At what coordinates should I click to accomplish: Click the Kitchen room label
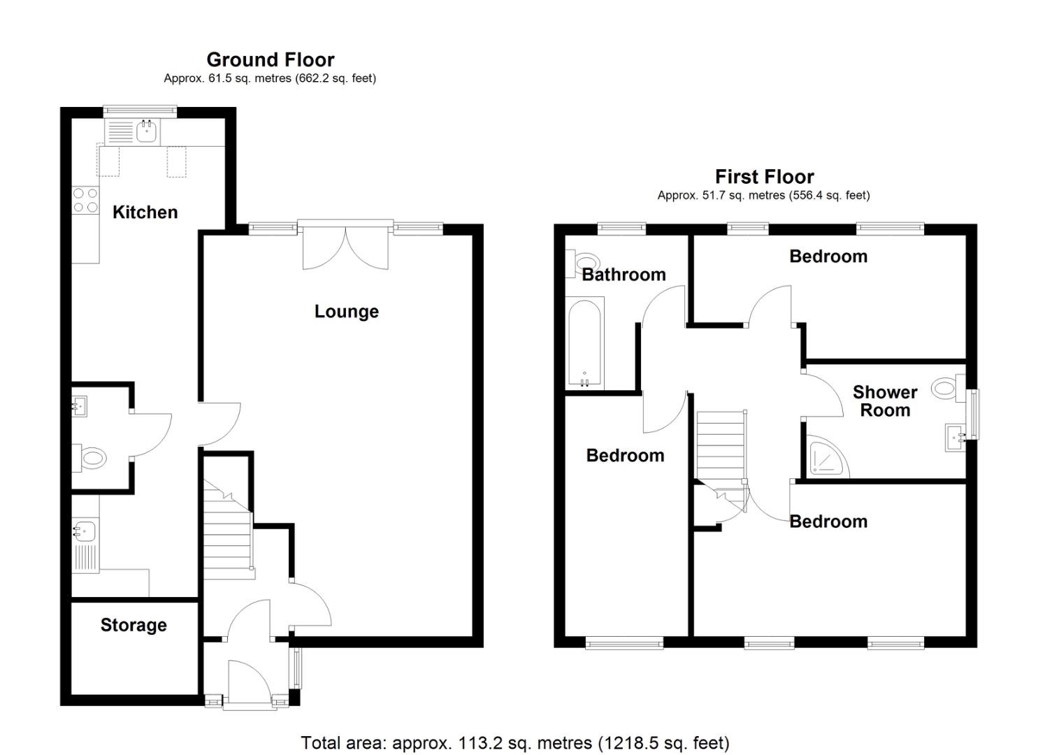pyautogui.click(x=145, y=213)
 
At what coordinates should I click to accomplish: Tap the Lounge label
pyautogui.click(x=346, y=312)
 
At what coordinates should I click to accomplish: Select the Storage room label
pyautogui.click(x=134, y=625)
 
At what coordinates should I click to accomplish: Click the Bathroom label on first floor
pyautogui.click(x=623, y=275)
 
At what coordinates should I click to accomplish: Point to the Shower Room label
pyautogui.click(x=885, y=401)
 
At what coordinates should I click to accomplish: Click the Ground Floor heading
pyautogui.click(x=270, y=60)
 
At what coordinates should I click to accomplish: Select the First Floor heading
pyautogui.click(x=764, y=177)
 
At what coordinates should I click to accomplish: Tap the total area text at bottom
pyautogui.click(x=514, y=742)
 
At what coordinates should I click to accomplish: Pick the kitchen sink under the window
pyautogui.click(x=146, y=131)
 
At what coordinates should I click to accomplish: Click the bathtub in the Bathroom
pyautogui.click(x=584, y=342)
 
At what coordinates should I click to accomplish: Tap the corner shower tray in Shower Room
pyautogui.click(x=826, y=458)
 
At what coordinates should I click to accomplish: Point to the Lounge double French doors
pyautogui.click(x=345, y=246)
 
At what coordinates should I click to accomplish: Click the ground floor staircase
pyautogui.click(x=227, y=531)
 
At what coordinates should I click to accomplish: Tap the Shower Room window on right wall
pyautogui.click(x=973, y=413)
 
